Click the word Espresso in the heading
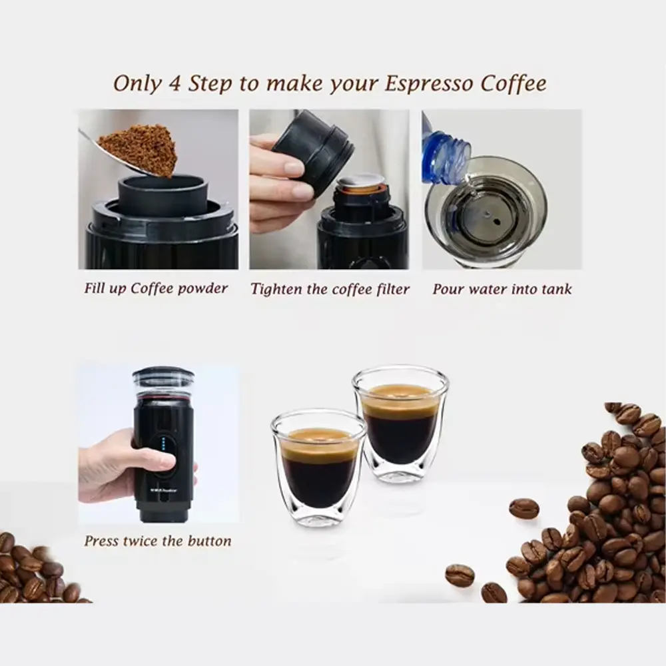(428, 84)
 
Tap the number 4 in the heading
(174, 83)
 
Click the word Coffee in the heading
(513, 83)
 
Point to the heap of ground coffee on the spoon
(139, 149)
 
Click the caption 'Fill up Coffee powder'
(156, 288)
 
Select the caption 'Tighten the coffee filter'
(330, 289)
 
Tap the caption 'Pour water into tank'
(502, 289)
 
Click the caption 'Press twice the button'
(158, 541)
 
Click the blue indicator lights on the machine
(165, 444)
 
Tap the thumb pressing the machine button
(163, 462)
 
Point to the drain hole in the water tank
(494, 220)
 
